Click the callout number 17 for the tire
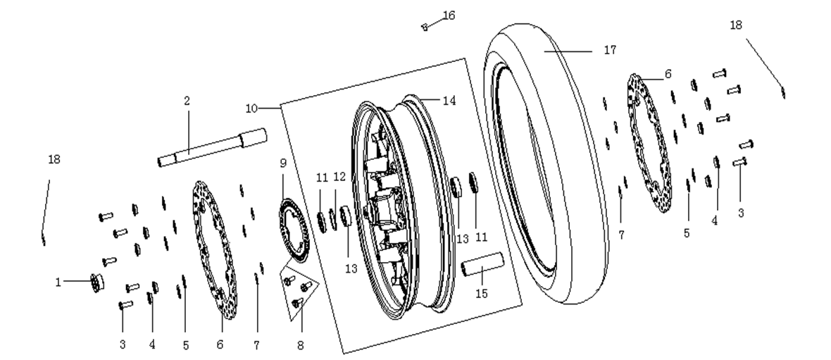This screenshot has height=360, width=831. pos(609,50)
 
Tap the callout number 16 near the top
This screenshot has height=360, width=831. pos(449,15)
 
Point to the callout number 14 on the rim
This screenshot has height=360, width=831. pos(449,100)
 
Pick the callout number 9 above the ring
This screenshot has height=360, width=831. pos(282,163)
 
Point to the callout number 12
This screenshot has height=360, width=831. pos(339,176)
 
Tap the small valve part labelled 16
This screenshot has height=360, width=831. pos(425,27)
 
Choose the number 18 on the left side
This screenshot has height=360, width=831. pos(54,159)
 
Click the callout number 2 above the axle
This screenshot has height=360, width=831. pos(187,101)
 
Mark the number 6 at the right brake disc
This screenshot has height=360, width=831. pos(668,74)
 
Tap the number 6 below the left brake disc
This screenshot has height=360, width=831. pos(220,345)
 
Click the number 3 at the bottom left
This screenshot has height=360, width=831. pos(123,345)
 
